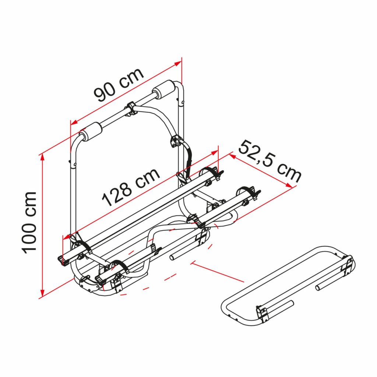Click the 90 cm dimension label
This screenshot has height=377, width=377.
coord(119,84)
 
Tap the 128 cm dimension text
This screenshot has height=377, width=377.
coord(131,187)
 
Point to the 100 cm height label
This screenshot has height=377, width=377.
coord(29,223)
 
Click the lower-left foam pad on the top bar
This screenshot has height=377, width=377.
coord(91,132)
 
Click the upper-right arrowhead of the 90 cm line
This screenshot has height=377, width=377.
coord(178,63)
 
